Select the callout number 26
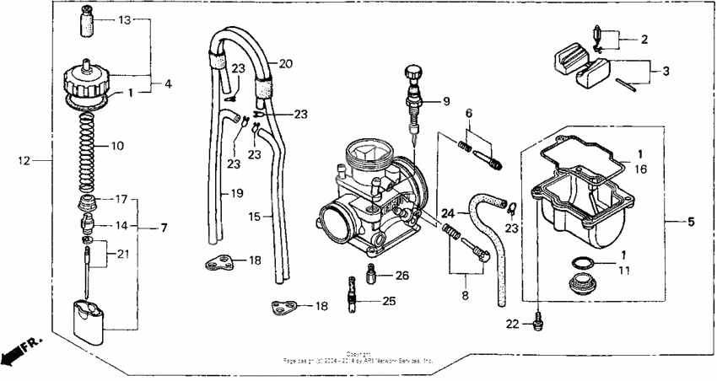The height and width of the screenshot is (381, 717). tap(402, 275)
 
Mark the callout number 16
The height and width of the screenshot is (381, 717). tap(640, 169)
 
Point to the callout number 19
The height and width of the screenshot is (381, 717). tap(236, 193)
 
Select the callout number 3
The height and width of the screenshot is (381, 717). tap(666, 72)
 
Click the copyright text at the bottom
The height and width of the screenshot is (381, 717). tap(358, 357)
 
